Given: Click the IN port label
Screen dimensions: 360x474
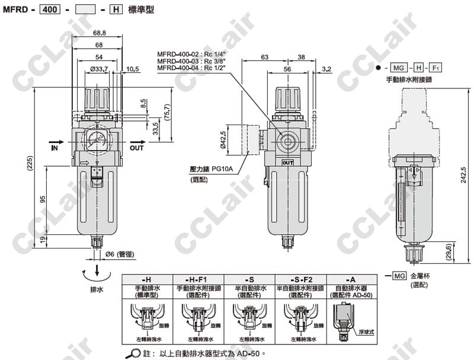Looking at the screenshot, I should point(55,147).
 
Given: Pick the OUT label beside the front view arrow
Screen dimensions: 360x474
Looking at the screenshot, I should point(137,148).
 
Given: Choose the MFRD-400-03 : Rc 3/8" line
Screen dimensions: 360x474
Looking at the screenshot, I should point(193,60).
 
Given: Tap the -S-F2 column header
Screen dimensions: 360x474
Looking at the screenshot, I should point(300,279).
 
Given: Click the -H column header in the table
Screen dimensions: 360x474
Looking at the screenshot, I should point(146,279).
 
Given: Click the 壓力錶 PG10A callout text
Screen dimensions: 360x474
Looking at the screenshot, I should point(210,168).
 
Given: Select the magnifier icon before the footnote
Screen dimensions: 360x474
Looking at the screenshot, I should point(135,353).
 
